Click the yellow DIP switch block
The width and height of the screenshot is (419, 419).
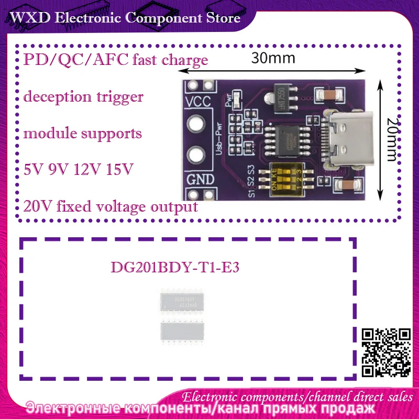pyautogui.click(x=285, y=175)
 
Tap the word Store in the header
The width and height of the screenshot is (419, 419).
pyautogui.click(x=220, y=18)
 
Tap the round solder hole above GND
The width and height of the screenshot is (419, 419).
pyautogui.click(x=196, y=155)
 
